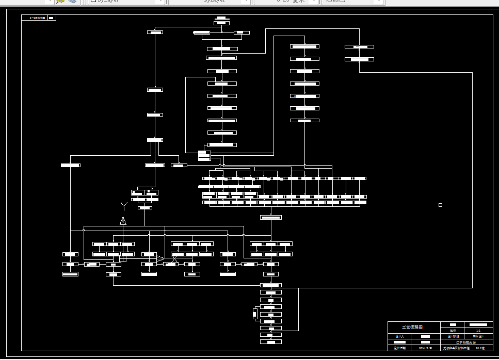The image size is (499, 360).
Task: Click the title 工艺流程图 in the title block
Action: pos(412,327)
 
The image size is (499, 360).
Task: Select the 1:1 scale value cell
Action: pos(478,330)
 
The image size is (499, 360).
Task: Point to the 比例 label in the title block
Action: pos(453,330)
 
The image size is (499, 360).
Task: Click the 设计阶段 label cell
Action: pos(447,336)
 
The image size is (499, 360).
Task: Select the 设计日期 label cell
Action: pos(400,348)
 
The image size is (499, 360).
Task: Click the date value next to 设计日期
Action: pos(425,348)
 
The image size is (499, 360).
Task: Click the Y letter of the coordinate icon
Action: pos(123,206)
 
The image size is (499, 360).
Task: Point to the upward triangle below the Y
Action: pos(123,221)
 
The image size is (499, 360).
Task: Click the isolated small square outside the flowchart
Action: pos(440,205)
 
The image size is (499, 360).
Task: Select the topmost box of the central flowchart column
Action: pos(221,23)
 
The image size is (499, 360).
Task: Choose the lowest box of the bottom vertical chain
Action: pos(271,341)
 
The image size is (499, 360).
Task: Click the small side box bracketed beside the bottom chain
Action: pos(254,314)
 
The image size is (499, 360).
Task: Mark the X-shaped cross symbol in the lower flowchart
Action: pos(174,258)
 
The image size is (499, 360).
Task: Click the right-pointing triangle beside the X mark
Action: pos(160,258)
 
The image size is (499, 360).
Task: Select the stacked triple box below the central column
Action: pos(204,155)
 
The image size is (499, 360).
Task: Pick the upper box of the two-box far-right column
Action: pos(359,47)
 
